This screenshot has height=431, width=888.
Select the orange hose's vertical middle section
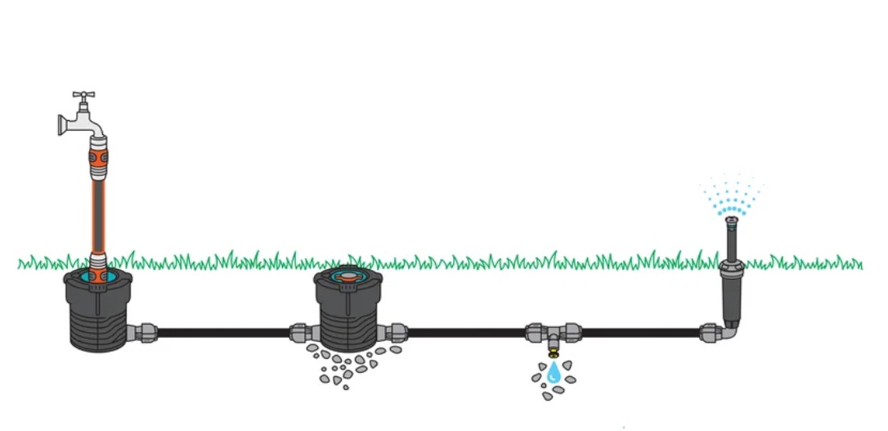pos(97,213)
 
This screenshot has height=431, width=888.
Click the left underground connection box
pos(97,315)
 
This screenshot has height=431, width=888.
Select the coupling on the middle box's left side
pos(301,332)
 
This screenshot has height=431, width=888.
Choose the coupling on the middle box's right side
pos(396,332)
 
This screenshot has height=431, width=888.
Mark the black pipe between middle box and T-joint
pos(466,332)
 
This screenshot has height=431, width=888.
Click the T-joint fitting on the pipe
pos(554,332)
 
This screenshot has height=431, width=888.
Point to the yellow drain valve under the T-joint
pos(554,352)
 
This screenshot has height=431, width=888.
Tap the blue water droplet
pos(554,374)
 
